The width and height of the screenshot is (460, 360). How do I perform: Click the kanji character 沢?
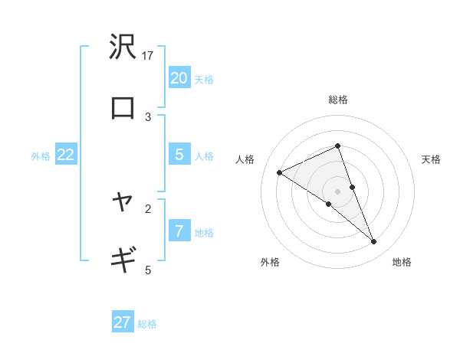click(x=123, y=48)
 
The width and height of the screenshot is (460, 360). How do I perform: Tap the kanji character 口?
click(x=123, y=109)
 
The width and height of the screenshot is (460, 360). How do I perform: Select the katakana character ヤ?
click(x=123, y=201)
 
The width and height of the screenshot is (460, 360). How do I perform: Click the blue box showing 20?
click(x=179, y=77)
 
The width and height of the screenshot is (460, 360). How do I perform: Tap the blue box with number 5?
click(x=179, y=154)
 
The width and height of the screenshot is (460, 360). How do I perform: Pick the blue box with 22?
click(x=66, y=154)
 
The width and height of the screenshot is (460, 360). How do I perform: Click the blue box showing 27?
click(x=123, y=322)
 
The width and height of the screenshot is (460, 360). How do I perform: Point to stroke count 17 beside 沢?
click(x=148, y=56)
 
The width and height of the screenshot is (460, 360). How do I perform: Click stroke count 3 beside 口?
click(x=148, y=116)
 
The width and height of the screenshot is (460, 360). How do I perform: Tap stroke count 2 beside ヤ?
click(x=148, y=208)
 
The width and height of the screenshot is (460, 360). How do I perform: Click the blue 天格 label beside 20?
click(x=204, y=80)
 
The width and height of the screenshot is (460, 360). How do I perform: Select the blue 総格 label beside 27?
click(x=147, y=324)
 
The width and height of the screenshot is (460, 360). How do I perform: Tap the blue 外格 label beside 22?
click(x=41, y=156)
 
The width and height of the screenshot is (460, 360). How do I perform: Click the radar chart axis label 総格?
click(x=337, y=100)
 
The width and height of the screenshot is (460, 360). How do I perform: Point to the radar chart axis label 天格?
click(x=432, y=159)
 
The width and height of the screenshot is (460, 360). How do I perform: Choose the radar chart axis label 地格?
click(x=402, y=262)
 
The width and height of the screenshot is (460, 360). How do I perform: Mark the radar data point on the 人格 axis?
click(x=279, y=172)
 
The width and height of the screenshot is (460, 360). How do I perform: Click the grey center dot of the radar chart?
click(x=337, y=191)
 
